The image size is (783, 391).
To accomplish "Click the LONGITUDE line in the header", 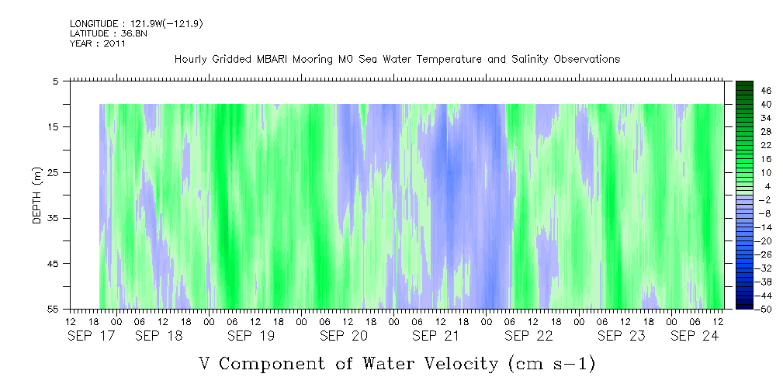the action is [x=137, y=24].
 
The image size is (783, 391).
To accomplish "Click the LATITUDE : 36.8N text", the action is [x=109, y=33].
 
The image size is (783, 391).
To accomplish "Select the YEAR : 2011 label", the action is [x=98, y=43].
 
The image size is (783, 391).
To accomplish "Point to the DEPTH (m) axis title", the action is [x=37, y=195].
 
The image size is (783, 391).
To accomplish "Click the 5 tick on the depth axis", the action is [x=57, y=81].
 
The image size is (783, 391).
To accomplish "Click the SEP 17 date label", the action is [x=92, y=336].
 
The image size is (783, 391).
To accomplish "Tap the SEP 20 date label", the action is [x=344, y=336].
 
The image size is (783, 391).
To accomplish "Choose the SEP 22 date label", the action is [x=528, y=336].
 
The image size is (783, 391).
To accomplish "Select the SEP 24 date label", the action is [x=695, y=336].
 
